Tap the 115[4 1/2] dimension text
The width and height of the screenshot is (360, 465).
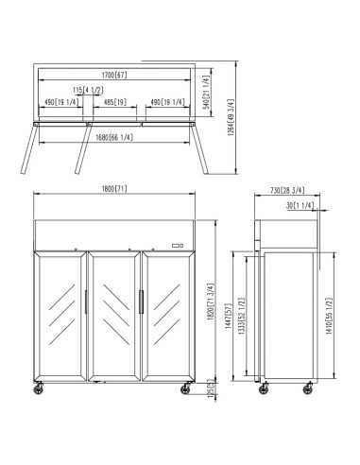pyautogui.click(x=92, y=90)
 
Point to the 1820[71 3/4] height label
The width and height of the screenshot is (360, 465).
pyautogui.click(x=210, y=302)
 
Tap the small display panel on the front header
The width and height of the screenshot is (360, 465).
pyautogui.click(x=176, y=246)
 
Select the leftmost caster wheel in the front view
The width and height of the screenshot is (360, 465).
pyautogui.click(x=40, y=387)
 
